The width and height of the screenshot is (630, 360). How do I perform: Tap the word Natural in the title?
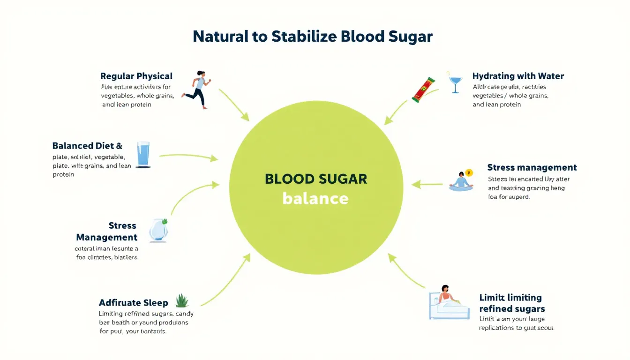tap(220, 37)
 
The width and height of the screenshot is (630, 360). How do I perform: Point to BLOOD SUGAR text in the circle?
tap(316, 179)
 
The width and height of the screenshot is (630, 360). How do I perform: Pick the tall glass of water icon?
tap(143, 155)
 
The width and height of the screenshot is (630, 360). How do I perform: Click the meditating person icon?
tap(461, 181)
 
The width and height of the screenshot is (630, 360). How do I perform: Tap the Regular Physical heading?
tap(136, 76)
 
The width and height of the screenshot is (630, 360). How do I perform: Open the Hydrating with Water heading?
tap(518, 76)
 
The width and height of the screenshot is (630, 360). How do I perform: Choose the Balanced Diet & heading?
tap(87, 145)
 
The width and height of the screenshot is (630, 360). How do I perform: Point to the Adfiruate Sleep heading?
tap(133, 303)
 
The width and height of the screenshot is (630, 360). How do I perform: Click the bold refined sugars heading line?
tap(512, 309)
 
